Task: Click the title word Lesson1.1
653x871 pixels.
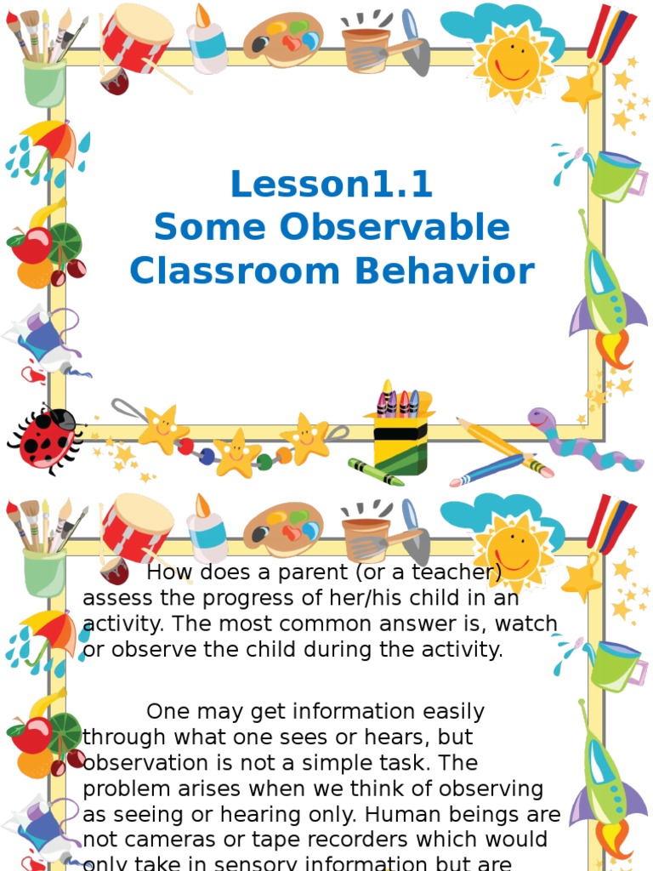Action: click(332, 184)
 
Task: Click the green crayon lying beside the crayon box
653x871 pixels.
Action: click(375, 472)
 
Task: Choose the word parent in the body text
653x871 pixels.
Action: click(280, 572)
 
